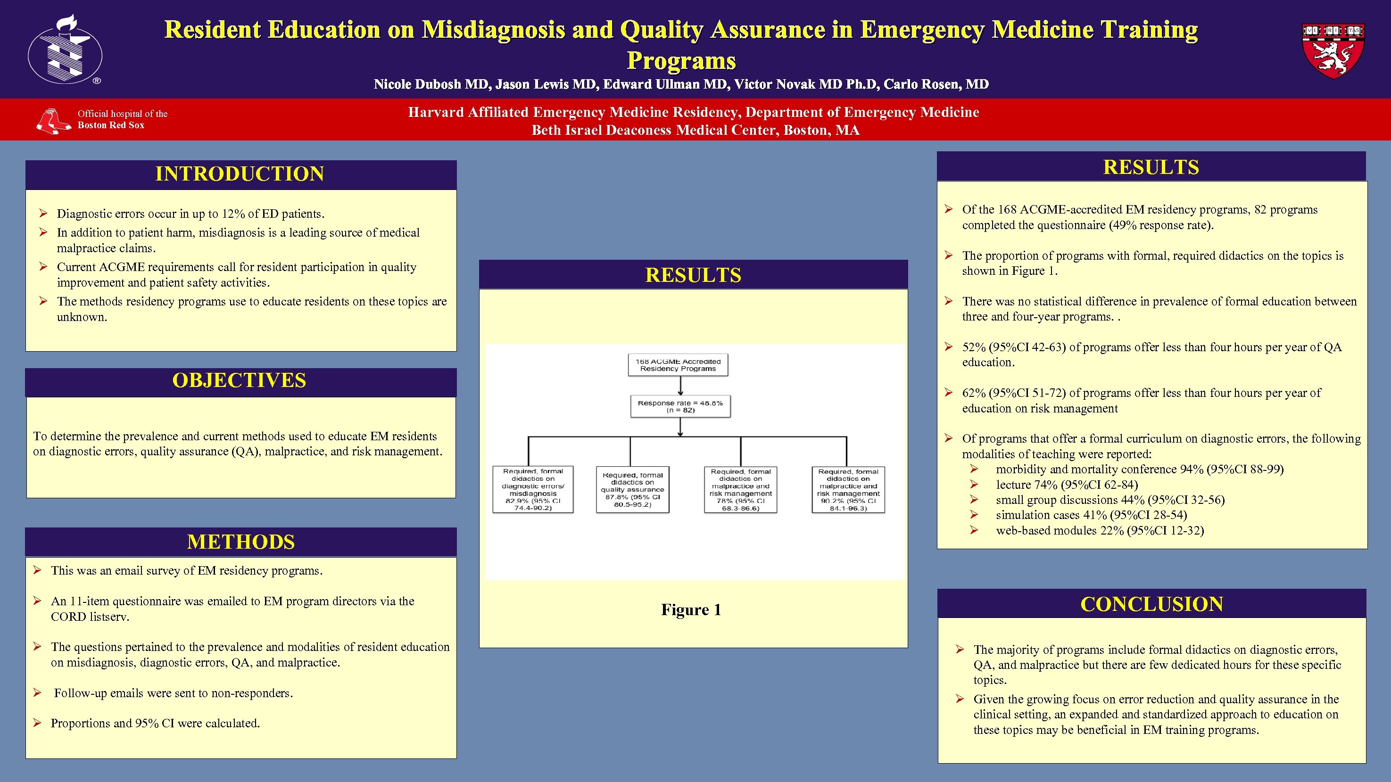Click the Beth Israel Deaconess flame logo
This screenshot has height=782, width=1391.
[65, 49]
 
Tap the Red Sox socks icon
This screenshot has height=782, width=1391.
[53, 120]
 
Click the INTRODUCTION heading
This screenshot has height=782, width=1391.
[240, 174]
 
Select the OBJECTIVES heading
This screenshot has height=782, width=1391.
[239, 380]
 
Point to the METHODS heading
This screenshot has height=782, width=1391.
[241, 542]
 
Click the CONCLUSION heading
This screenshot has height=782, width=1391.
[1151, 604]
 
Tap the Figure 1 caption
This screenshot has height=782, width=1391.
[691, 610]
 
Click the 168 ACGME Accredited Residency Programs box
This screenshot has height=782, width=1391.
[678, 365]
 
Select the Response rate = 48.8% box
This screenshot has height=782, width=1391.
[680, 406]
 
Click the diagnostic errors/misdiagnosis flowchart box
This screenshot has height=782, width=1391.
[533, 489]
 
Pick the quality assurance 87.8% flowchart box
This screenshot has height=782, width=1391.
[632, 489]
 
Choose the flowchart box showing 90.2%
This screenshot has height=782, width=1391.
[848, 489]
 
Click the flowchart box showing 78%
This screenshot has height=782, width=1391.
[740, 489]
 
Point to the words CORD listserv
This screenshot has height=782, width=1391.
[90, 617]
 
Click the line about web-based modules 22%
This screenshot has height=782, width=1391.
[1100, 530]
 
